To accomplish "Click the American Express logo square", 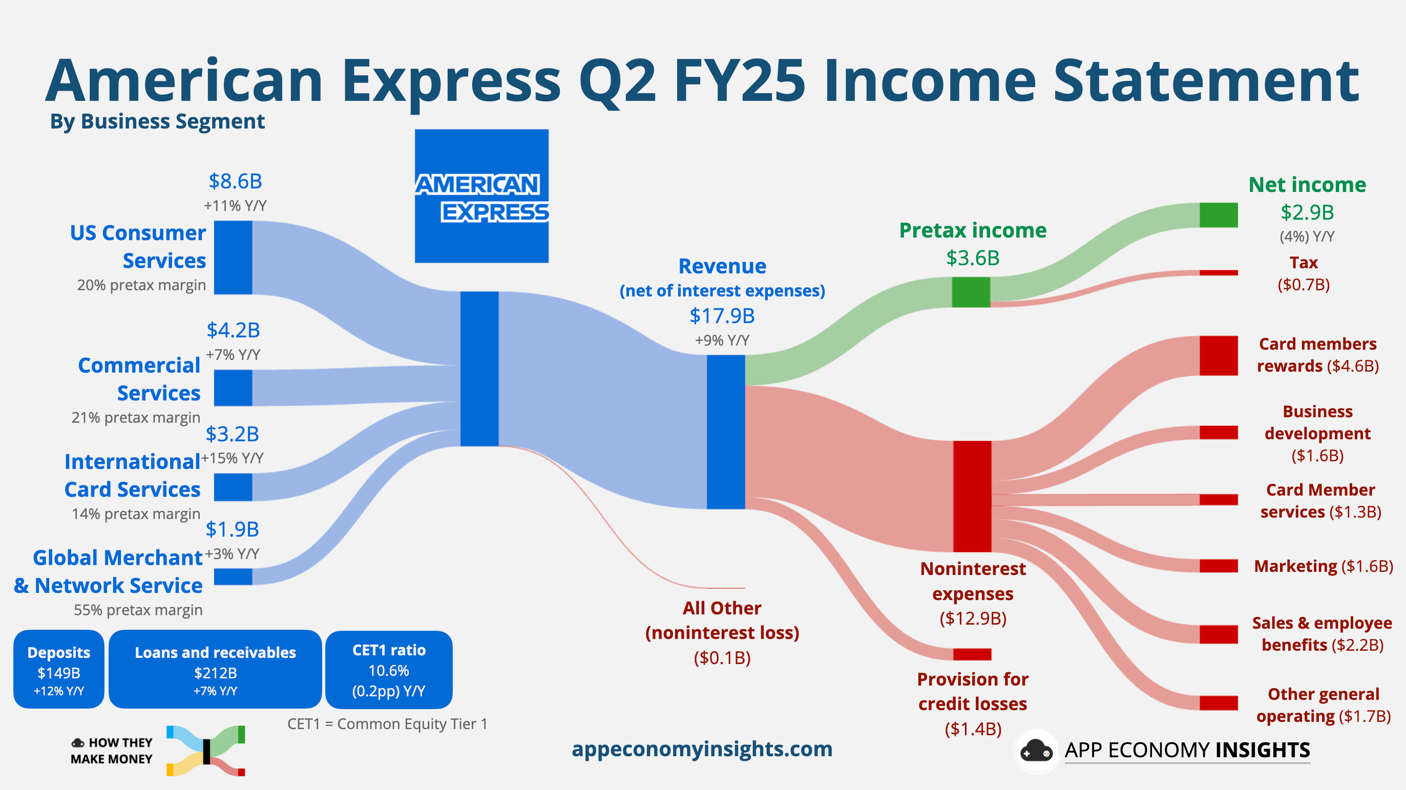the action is tap(481, 196).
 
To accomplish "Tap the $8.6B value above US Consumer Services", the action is tap(235, 181).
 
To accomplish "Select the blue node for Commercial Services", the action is tap(233, 388).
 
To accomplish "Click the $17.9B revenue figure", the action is tap(722, 316).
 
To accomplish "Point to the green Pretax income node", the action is tap(971, 292).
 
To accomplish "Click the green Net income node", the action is tap(1218, 215).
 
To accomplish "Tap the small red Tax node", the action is tap(1218, 273).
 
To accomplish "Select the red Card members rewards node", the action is tap(1218, 356).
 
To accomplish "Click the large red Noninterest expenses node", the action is tap(972, 496).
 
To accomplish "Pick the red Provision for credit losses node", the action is tap(972, 654).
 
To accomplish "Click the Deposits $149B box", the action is tap(59, 670).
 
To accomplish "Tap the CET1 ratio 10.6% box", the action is tap(389, 670).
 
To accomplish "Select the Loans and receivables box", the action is tap(215, 670).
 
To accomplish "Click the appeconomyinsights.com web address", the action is tap(702, 749).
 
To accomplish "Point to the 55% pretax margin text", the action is tap(138, 610).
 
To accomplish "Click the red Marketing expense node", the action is tap(1218, 566).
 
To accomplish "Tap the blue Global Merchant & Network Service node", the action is tap(233, 577).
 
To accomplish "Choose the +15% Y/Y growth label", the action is tap(233, 458).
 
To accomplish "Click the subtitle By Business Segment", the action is tap(157, 121).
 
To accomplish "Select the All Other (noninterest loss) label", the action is tap(722, 621).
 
